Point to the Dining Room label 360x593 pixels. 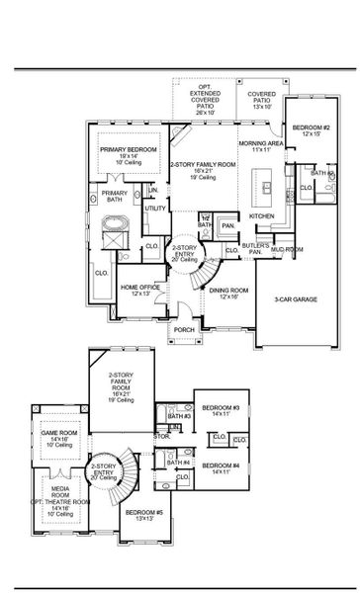point(226,290)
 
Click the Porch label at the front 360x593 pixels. point(184,330)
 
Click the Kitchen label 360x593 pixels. point(261,214)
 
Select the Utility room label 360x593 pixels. point(155,209)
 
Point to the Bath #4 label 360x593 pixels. point(180,463)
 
